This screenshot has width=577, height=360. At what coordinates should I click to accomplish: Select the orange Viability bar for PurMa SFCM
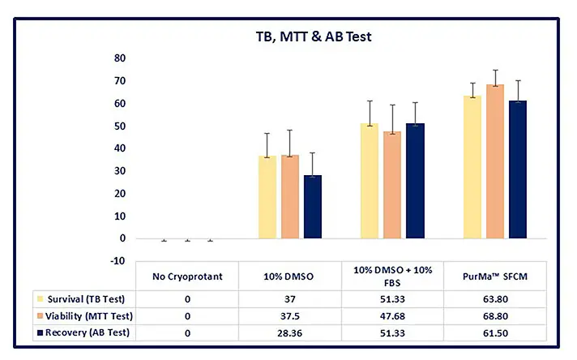(494, 161)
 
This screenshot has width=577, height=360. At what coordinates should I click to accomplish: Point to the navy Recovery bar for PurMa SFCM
(517, 169)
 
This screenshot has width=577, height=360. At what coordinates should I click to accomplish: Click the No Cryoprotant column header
(187, 276)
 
